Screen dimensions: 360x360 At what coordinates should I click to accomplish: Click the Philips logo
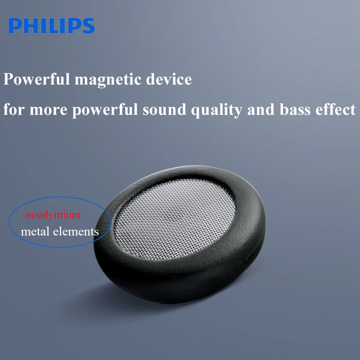coord(51,26)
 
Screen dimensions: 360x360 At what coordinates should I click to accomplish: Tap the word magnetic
coord(108,80)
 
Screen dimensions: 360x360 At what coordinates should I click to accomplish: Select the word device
coord(169,80)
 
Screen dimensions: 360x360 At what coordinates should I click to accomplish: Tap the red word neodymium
coord(53,215)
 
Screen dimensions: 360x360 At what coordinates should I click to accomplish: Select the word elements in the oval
coord(76,231)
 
